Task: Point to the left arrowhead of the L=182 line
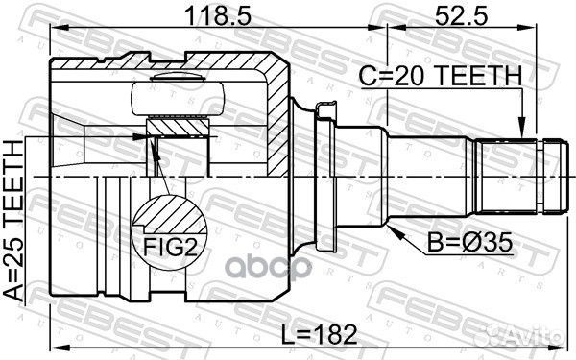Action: pos(54,348)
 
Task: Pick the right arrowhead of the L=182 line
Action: pos(560,348)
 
